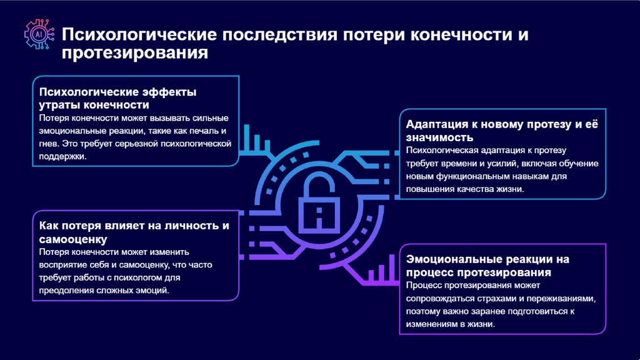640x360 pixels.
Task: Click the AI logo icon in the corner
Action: [38, 34]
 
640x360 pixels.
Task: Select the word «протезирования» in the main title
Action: [134, 53]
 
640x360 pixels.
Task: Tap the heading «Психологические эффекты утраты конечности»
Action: [117, 98]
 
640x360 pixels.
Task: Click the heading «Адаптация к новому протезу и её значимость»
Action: [502, 130]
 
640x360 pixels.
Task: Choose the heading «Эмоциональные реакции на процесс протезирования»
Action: [487, 266]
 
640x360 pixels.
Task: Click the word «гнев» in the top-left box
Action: [49, 144]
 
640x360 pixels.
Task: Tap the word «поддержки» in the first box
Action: [62, 157]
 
